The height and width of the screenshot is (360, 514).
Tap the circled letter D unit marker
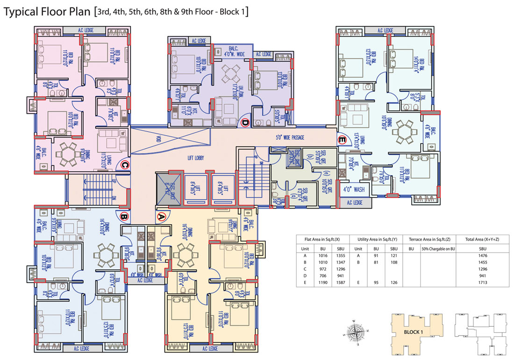[245, 123]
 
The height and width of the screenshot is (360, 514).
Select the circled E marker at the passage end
[342, 139]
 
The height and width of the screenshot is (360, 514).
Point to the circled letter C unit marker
[125, 164]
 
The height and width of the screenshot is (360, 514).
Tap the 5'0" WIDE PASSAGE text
[290, 138]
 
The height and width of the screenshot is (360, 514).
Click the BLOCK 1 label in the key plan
[413, 332]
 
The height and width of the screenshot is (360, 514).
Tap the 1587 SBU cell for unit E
[337, 283]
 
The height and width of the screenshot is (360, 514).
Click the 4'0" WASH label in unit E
[354, 189]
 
